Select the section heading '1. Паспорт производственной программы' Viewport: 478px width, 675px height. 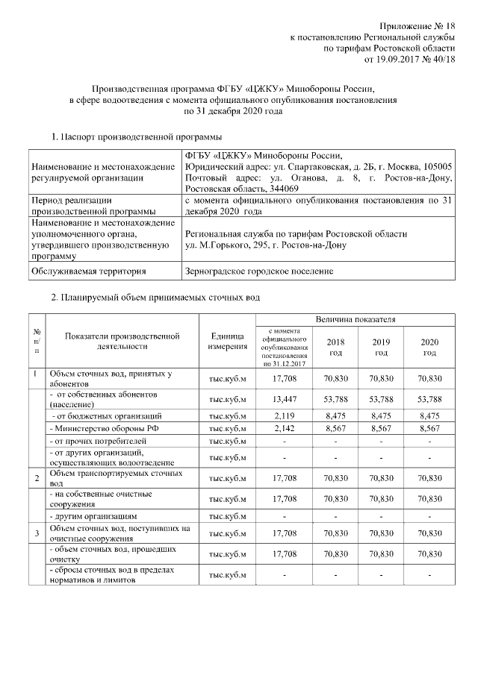coord(135,137)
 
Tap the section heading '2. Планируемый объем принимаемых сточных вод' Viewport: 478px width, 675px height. coord(155,298)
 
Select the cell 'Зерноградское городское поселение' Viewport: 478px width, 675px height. coord(258,271)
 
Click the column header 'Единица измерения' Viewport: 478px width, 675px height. coord(228,342)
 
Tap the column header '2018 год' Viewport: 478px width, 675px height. coord(336,347)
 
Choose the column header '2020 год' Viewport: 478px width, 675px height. coord(429,347)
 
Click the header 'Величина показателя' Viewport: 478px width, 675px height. coord(355,320)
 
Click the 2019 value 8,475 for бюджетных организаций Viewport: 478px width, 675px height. coord(382,415)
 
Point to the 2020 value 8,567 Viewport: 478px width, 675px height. coord(429,430)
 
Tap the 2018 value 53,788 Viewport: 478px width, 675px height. coord(336,398)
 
